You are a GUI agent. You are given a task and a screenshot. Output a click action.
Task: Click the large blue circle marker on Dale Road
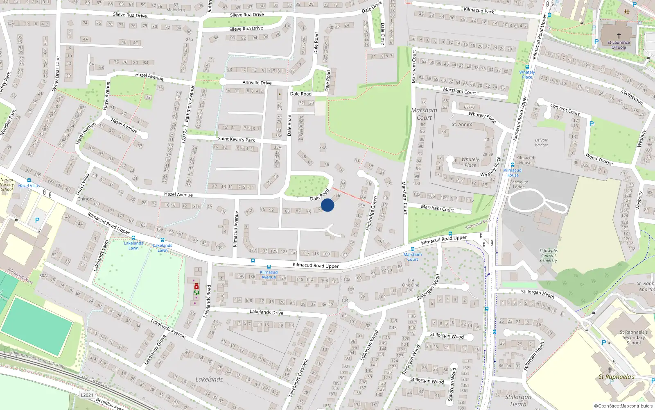click(327, 205)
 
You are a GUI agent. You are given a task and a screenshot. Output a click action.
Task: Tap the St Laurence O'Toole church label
click(619, 45)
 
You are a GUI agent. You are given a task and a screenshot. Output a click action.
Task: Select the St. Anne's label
click(462, 124)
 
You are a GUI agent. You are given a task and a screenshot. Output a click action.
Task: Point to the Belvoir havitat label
click(541, 142)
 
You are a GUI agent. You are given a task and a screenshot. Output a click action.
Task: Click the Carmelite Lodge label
click(519, 184)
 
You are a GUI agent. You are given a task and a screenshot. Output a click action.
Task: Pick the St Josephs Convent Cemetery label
click(549, 255)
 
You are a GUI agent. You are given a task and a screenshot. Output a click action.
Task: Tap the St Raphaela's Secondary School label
click(633, 337)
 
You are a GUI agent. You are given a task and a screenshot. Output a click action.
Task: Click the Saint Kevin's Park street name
click(236, 139)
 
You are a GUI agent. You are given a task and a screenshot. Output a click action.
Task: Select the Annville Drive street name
click(257, 82)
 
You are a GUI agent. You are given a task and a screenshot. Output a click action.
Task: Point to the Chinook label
click(86, 199)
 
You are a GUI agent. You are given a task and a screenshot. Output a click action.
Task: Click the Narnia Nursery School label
click(7, 184)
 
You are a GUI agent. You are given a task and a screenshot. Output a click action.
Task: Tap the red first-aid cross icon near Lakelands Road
click(196, 287)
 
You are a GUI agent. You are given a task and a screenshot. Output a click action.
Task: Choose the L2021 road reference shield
click(87, 395)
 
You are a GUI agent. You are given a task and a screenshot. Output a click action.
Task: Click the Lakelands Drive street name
click(267, 312)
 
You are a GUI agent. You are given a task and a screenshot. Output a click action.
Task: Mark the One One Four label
click(411, 285)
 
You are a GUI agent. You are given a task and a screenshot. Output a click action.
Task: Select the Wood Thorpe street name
click(599, 159)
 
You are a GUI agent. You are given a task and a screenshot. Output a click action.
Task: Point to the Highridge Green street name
click(372, 213)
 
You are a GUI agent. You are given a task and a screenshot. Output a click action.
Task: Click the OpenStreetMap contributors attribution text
click(623, 406)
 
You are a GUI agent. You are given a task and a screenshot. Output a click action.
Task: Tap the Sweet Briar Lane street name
click(56, 74)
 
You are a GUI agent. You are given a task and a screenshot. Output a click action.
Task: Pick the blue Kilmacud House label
click(512, 173)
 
